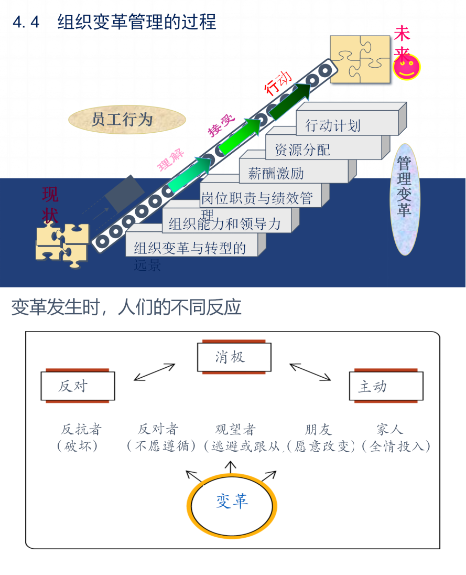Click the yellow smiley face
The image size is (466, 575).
coord(407,67)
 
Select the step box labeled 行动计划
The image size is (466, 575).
coord(346,125)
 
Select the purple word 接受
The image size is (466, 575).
coord(222,125)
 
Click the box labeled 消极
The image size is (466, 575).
coord(234,358)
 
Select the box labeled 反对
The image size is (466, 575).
coord(78,386)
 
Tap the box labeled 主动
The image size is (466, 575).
coord(386,386)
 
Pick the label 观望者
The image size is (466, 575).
coord(235,430)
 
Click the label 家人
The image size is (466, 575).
coord(389,430)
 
